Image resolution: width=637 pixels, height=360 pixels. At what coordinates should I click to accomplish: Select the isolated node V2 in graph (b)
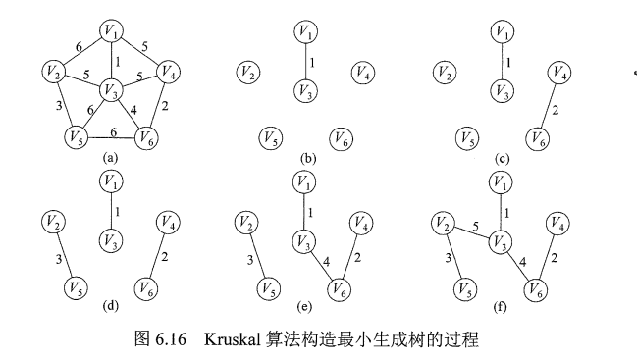point(247,72)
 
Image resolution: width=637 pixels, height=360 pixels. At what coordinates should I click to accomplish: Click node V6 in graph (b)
point(340,138)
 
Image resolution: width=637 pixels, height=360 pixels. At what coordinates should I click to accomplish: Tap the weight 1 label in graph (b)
point(312,62)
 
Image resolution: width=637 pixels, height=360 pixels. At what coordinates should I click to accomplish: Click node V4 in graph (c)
point(560,72)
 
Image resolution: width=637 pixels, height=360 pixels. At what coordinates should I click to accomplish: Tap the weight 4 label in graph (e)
point(326,261)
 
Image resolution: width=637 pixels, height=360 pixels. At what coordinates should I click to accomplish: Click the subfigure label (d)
point(109,306)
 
